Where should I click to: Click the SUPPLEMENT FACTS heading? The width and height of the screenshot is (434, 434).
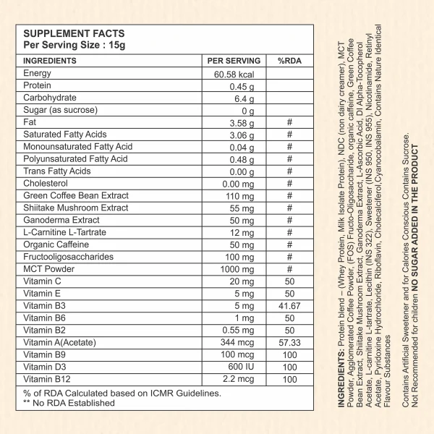click(x=74, y=33)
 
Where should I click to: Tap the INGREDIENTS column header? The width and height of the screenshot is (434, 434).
click(x=51, y=61)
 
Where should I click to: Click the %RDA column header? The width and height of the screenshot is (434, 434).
click(x=289, y=61)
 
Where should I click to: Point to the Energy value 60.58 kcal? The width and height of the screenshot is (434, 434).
click(x=234, y=75)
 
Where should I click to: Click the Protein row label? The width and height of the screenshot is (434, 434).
click(x=37, y=86)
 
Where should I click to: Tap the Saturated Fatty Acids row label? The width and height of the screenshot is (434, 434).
click(x=65, y=135)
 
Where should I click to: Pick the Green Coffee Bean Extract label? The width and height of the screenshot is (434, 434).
click(x=75, y=195)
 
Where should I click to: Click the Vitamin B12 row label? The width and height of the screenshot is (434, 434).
click(x=48, y=378)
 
